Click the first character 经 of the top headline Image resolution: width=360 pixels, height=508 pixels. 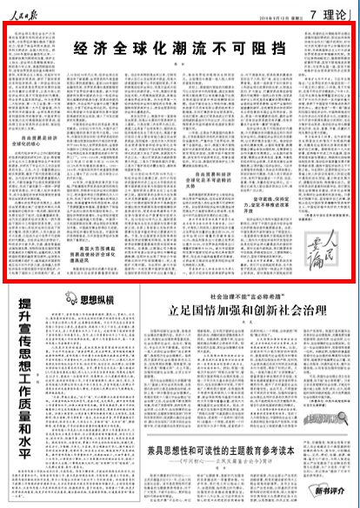(x=81, y=47)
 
